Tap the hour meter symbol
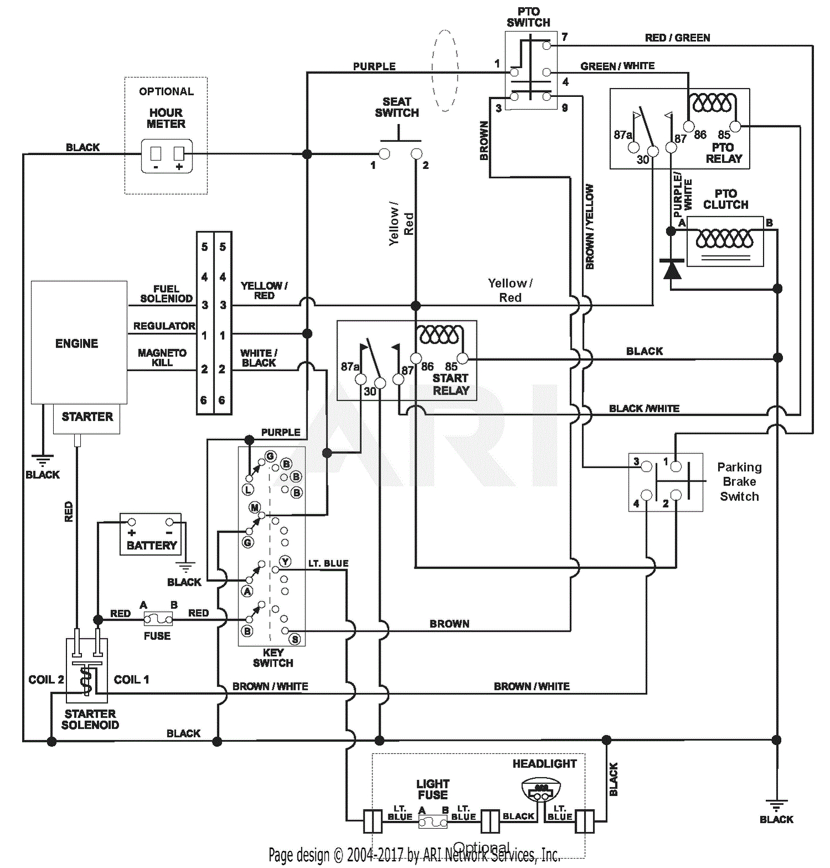point(167,156)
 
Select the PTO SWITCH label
point(528,17)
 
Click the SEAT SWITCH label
point(397,107)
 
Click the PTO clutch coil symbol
point(724,239)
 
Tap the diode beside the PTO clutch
point(672,270)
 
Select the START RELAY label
point(450,384)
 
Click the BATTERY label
point(152,545)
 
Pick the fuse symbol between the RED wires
point(158,618)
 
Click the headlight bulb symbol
point(541,790)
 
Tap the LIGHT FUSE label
point(433,789)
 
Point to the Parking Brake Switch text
point(739,482)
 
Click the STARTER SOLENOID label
point(90,719)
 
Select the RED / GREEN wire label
point(677,38)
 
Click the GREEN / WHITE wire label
point(617,66)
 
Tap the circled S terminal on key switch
point(295,639)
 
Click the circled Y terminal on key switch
point(285,561)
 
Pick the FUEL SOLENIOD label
point(166,293)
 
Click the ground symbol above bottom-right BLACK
point(776,804)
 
